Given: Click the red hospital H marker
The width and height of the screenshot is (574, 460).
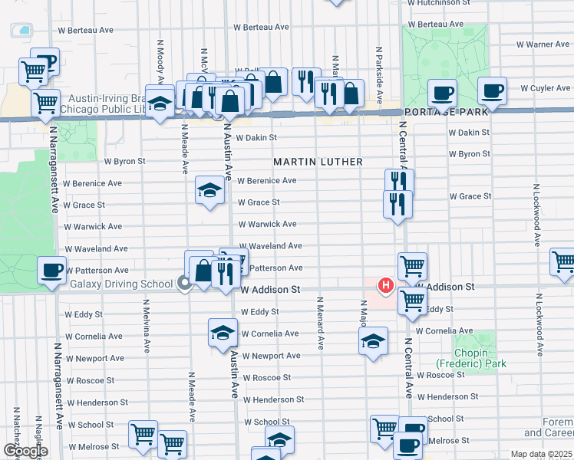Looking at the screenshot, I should pyautogui.click(x=386, y=286).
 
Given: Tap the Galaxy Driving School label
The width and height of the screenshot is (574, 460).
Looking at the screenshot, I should pyautogui.click(x=121, y=284).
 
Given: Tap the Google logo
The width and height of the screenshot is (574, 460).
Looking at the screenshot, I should pyautogui.click(x=25, y=451).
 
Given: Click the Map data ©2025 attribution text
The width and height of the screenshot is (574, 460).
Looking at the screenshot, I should pyautogui.click(x=542, y=454).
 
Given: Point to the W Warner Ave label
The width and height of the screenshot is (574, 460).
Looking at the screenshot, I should pyautogui.click(x=543, y=44).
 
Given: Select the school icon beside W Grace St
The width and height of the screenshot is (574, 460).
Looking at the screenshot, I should pyautogui.click(x=209, y=190).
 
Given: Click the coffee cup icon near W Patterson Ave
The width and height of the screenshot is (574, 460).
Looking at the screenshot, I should pyautogui.click(x=52, y=269).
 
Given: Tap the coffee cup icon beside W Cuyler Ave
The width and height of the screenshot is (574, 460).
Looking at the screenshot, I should pyautogui.click(x=492, y=90).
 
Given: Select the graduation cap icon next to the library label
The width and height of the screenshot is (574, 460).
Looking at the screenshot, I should pyautogui.click(x=160, y=104).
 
